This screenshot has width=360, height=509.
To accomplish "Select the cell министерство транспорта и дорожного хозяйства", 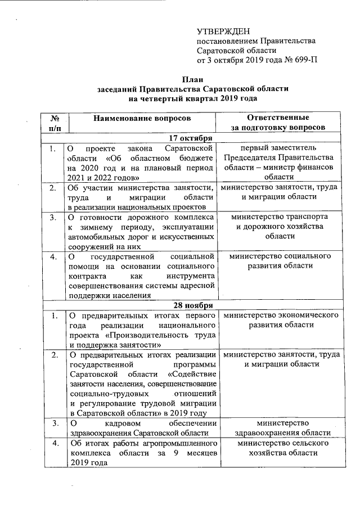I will click(280, 227).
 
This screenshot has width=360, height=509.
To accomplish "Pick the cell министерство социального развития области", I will click(280, 261).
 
